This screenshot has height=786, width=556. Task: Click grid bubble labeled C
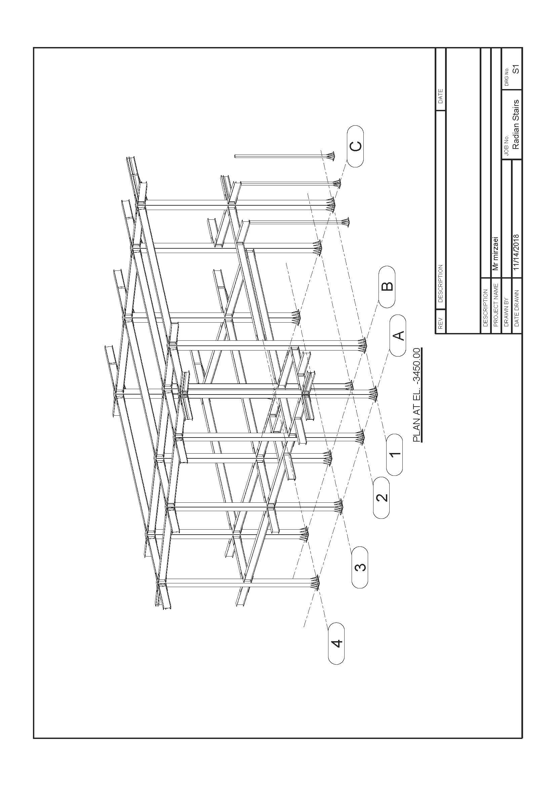click(355, 146)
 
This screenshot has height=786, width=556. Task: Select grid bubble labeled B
click(387, 287)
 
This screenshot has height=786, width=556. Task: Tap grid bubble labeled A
click(398, 335)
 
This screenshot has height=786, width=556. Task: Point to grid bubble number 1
click(394, 455)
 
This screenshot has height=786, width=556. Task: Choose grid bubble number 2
click(381, 497)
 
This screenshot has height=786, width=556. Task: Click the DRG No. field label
click(507, 77)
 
